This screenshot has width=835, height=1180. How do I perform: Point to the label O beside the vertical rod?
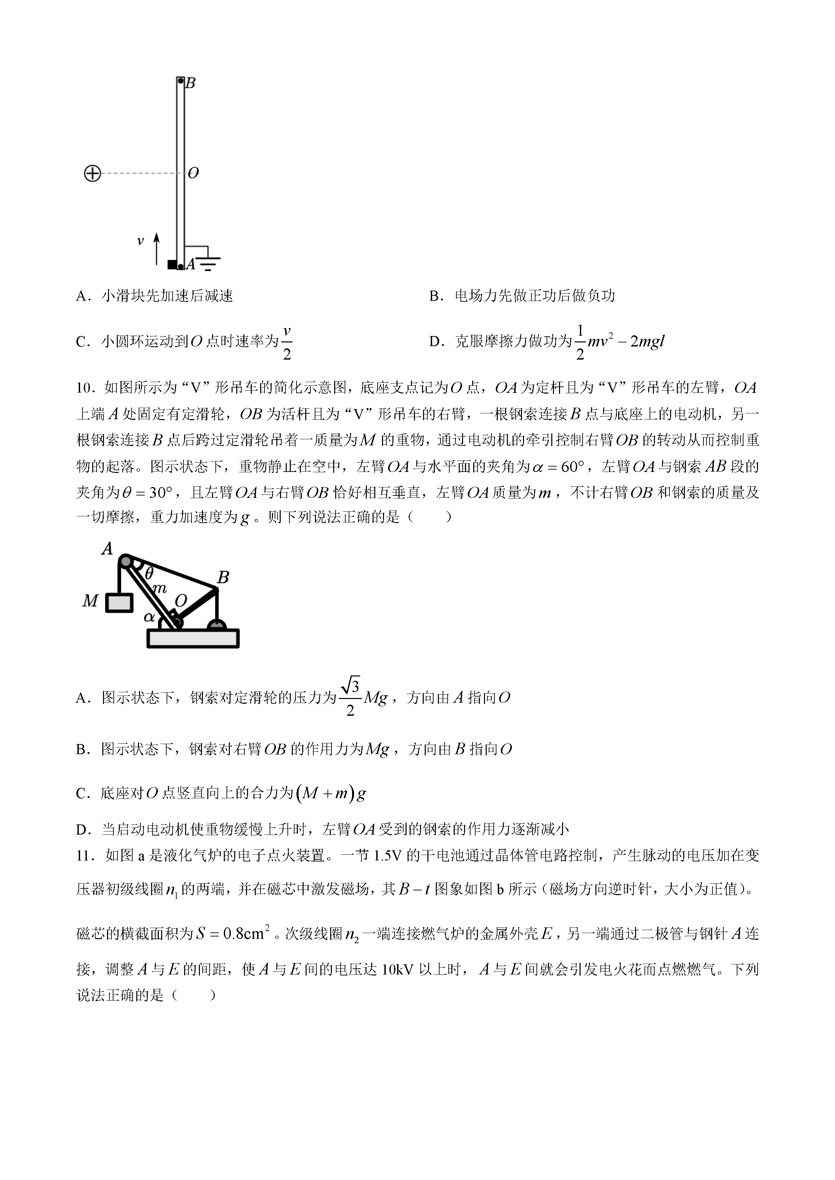point(193,173)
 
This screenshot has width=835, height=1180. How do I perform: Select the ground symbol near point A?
point(208,260)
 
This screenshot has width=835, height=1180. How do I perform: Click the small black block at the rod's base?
point(172,265)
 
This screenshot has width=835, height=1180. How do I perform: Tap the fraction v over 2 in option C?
point(287,342)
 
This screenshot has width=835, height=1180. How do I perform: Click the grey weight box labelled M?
point(119,603)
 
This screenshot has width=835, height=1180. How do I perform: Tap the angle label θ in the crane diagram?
point(149,574)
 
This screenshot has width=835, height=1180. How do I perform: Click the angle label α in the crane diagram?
point(149,617)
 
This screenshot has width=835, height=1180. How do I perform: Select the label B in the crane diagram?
point(222,578)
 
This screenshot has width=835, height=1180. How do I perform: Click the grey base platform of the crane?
point(193,639)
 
